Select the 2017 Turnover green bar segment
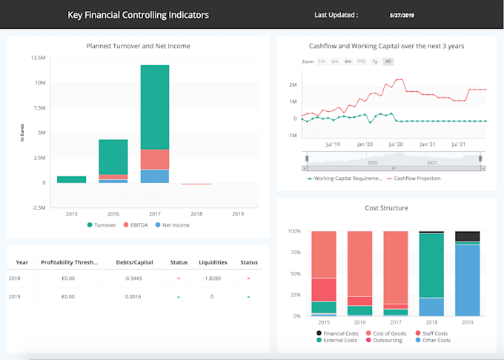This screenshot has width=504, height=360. coord(155,107)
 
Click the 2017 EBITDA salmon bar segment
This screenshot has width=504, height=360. coord(155,159)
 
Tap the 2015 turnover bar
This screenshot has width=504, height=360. coord(71,179)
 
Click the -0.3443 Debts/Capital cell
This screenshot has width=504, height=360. coord(133,279)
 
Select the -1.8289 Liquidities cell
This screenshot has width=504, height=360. coord(213,279)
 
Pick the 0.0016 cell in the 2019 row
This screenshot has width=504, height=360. coord(133,296)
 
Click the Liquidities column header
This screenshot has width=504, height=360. coord(213,261)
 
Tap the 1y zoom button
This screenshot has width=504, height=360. coord(375,61)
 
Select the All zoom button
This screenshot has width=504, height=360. coord(388,61)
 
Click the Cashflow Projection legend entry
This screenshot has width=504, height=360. coord(417,178)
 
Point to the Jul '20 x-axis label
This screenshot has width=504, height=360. coord(395,144)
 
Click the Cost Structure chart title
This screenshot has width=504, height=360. coord(386,208)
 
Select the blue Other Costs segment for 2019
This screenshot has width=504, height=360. coord(467,280)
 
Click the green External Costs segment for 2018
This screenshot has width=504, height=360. coord(431,265)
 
